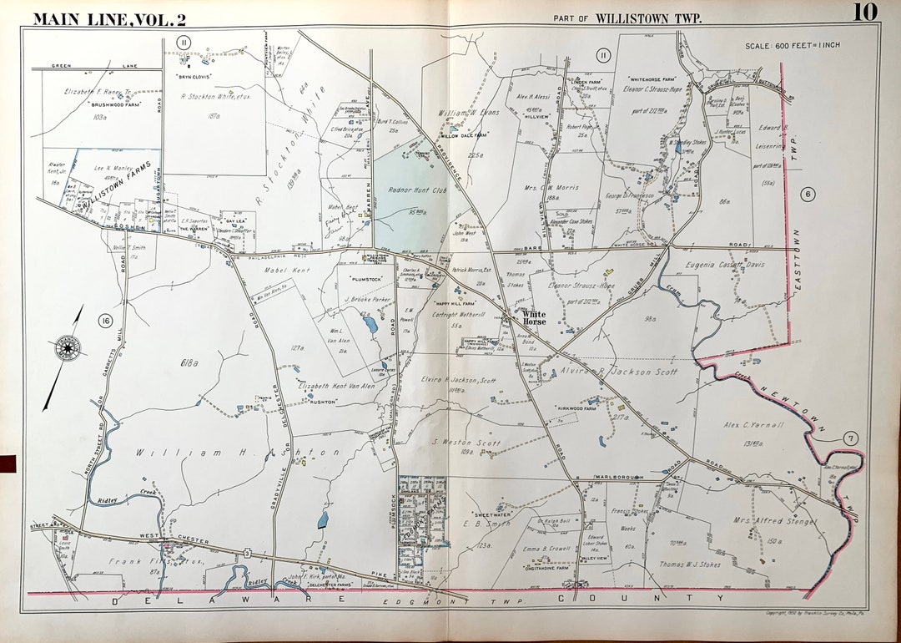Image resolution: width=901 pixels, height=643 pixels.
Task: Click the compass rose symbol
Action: pos(68,347)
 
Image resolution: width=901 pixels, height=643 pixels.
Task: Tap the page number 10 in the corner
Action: pos(865,13)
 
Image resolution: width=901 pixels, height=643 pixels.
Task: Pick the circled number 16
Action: pos(104,321)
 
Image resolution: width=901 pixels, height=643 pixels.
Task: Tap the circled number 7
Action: pos(849,438)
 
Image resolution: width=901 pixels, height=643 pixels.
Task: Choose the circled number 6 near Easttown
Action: pos(807,194)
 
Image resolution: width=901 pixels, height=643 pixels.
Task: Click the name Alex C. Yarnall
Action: pos(754,425)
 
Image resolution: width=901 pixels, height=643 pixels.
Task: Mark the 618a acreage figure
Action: pos(189,362)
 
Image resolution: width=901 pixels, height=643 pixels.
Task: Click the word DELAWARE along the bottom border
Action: pos(154,600)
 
